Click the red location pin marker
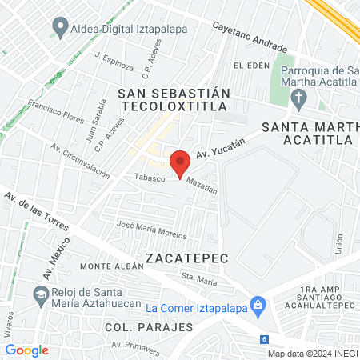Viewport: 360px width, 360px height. [x=181, y=162]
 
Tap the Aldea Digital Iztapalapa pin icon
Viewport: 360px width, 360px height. [x=59, y=28]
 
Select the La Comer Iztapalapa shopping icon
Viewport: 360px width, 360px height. [x=257, y=305]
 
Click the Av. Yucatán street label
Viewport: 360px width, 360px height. [x=219, y=147]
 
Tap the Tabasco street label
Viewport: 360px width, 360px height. [x=150, y=177]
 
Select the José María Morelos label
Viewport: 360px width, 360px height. [x=152, y=230]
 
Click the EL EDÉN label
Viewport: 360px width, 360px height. [x=247, y=65]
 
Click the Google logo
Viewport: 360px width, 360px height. [x=27, y=350]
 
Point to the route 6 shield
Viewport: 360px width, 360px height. [x=264, y=340]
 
